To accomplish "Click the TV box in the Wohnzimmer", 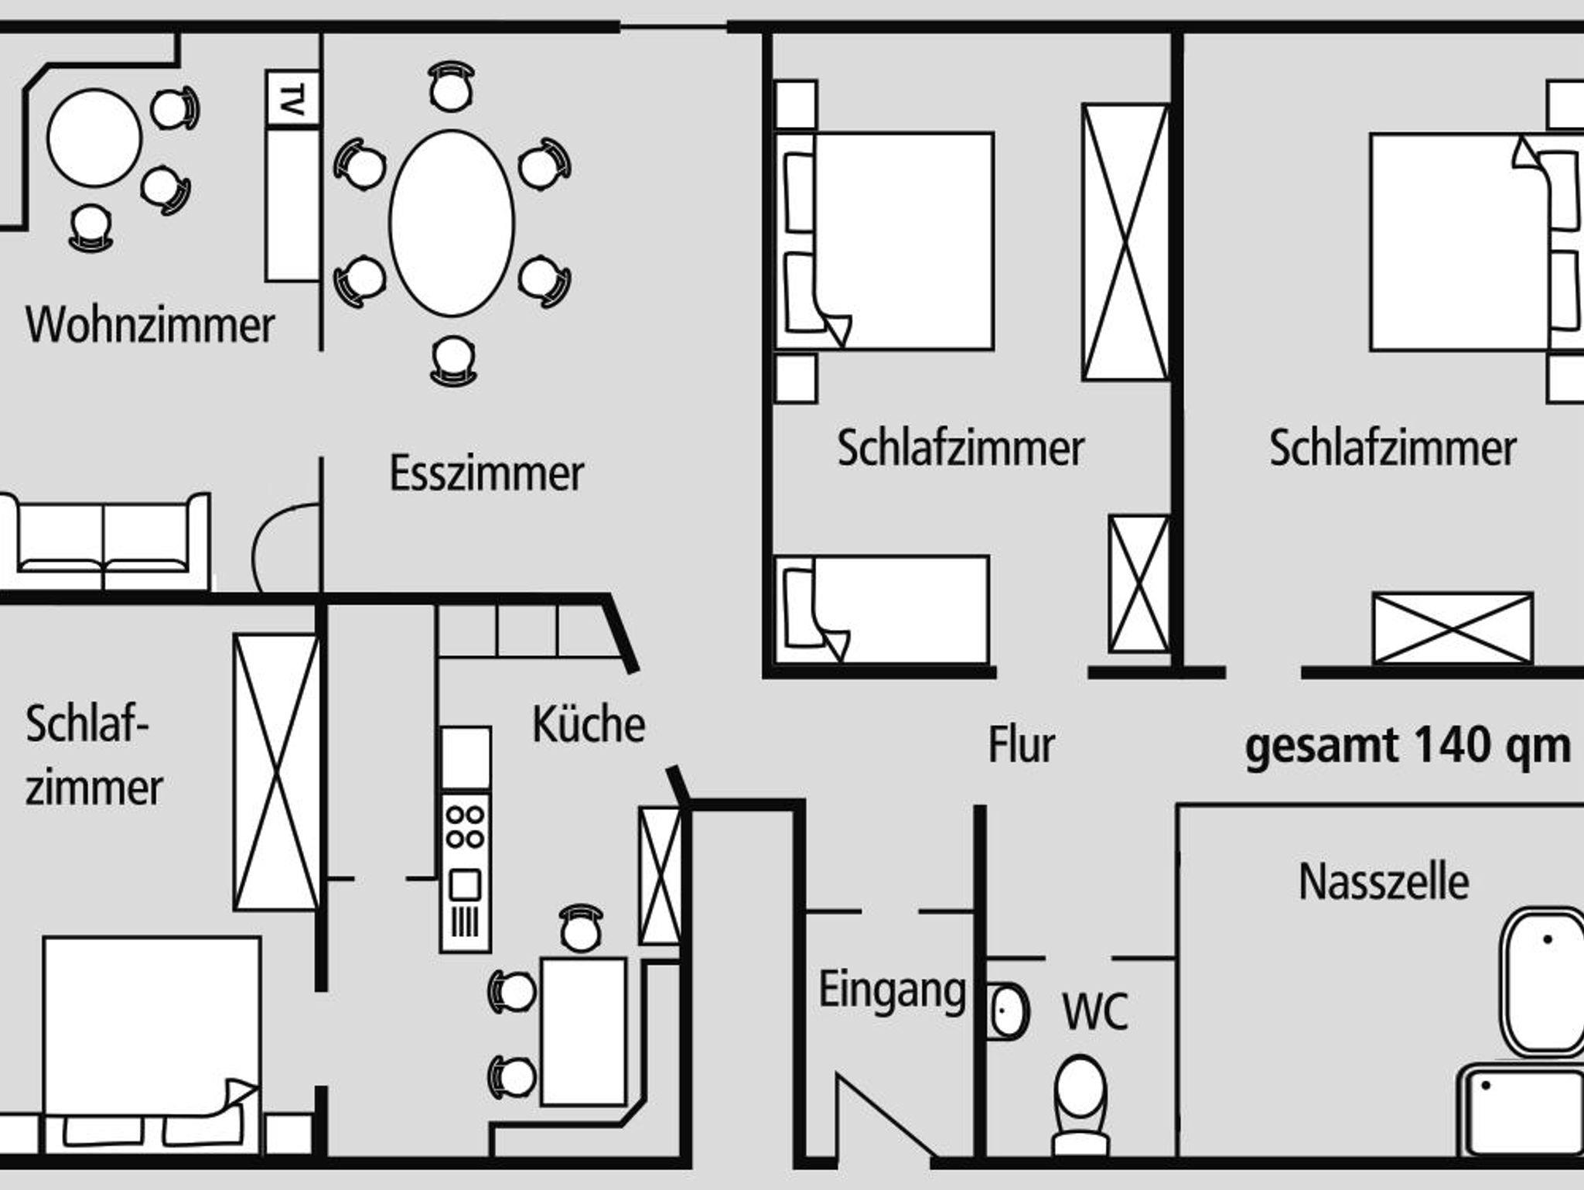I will [x=292, y=97].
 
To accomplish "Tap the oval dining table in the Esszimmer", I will [x=452, y=223].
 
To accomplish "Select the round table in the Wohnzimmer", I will [x=94, y=138].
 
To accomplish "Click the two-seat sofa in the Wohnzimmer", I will [x=104, y=542].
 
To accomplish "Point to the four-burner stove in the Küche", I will [x=465, y=827].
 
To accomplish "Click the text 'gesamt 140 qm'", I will [x=1408, y=747].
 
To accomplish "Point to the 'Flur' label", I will [x=1021, y=745].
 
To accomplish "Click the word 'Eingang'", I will [x=892, y=990].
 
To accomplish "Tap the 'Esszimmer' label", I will [x=486, y=474].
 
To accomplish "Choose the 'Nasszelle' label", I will [x=1383, y=882].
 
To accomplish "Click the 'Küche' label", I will [x=588, y=725].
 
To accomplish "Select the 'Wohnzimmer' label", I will [x=150, y=324].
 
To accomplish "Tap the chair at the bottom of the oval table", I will [x=453, y=361].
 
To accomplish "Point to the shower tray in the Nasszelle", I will [x=1521, y=1110].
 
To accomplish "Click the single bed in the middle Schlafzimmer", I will [x=882, y=610].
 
